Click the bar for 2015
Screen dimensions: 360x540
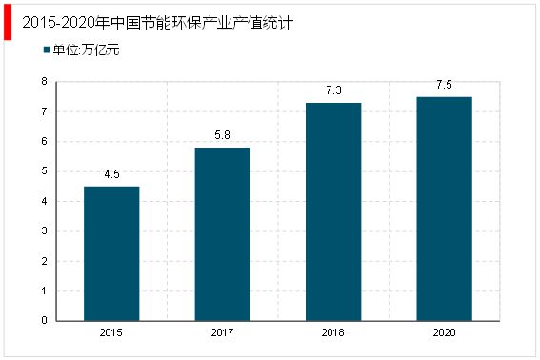click(x=111, y=253)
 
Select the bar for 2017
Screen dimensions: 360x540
click(x=222, y=234)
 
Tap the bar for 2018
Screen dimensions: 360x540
click(x=333, y=211)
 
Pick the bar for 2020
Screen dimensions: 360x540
click(x=444, y=209)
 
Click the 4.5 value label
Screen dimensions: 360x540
click(x=111, y=174)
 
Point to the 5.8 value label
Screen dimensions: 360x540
click(x=222, y=135)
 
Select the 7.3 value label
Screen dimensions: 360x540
click(x=333, y=90)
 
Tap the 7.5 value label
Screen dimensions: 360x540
click(x=444, y=85)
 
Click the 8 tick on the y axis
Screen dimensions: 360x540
click(x=44, y=82)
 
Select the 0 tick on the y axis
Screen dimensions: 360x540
click(x=44, y=321)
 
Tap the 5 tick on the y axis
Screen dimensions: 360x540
click(x=44, y=171)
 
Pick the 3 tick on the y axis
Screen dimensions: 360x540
click(x=44, y=231)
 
